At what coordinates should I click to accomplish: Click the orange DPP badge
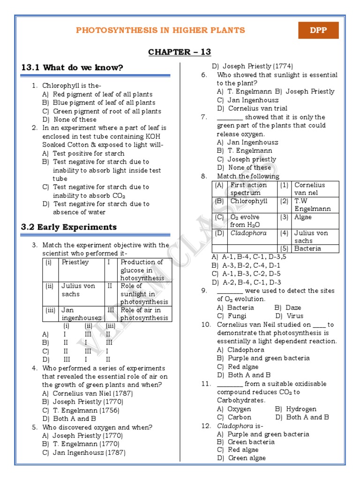(318, 30)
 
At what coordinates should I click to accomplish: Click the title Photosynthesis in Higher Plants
(160, 30)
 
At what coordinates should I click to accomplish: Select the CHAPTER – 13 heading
(180, 52)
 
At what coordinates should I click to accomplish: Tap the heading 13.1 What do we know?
(72, 67)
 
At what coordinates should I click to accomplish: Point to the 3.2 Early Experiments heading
(69, 227)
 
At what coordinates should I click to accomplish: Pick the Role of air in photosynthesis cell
(144, 314)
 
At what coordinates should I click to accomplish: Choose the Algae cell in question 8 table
(303, 217)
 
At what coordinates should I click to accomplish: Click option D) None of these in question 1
(69, 120)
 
